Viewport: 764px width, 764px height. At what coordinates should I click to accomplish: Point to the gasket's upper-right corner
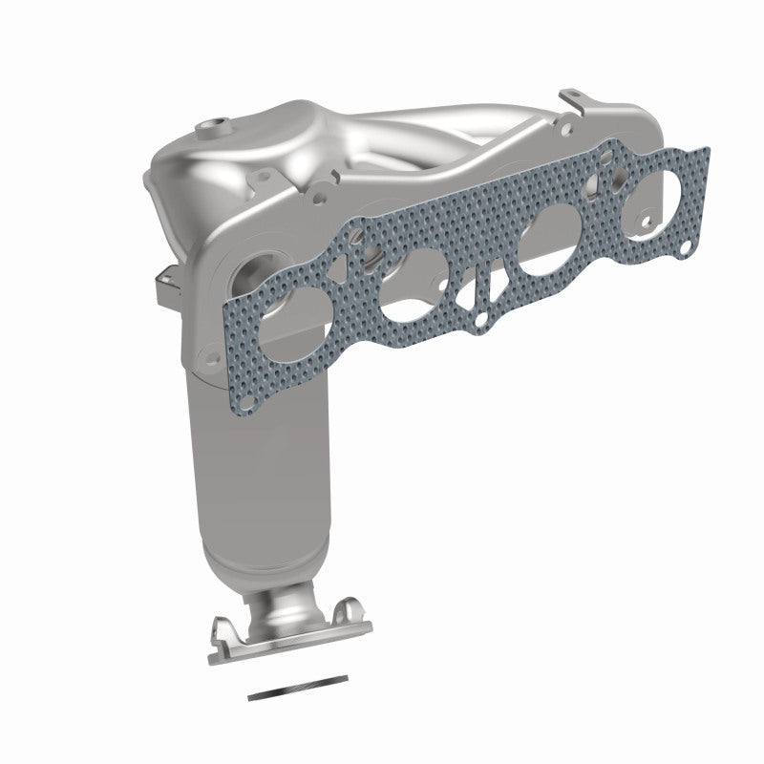pyautogui.click(x=705, y=150)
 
